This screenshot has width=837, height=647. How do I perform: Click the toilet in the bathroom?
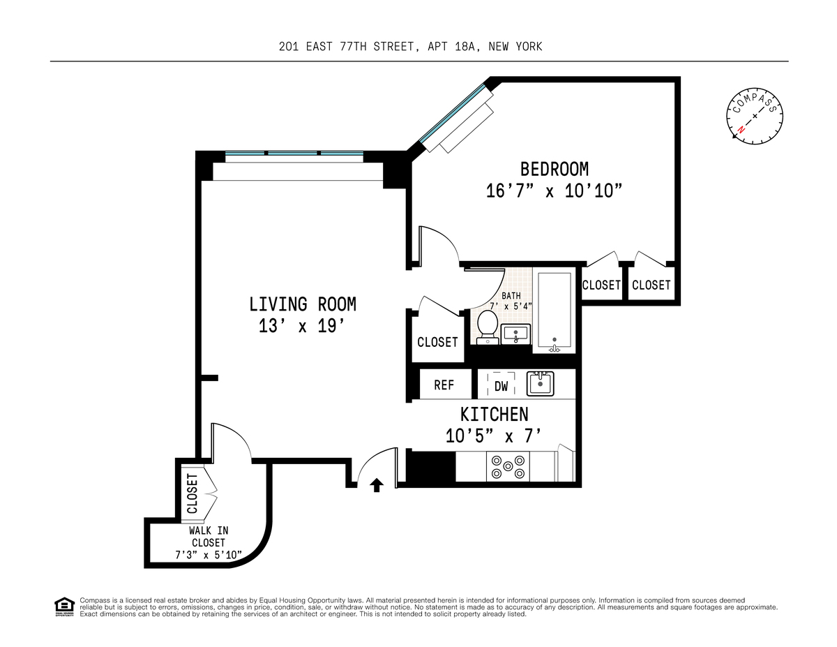(488, 327)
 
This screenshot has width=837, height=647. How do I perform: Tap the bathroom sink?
(515, 334)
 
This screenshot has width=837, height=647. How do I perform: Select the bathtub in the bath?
(555, 313)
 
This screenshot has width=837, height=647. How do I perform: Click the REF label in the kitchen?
(444, 385)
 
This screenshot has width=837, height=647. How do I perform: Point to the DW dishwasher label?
(501, 386)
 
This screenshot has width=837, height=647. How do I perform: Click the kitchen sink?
(540, 383)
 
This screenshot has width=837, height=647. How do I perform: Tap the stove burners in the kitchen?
(508, 466)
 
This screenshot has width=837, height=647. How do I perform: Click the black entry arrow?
(377, 485)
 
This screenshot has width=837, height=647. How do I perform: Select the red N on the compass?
(741, 129)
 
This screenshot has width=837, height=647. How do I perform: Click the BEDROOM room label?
(555, 169)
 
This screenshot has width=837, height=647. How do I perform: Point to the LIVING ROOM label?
(303, 304)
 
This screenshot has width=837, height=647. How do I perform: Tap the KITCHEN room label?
(495, 415)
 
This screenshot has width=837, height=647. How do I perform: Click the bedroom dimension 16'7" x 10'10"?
(554, 191)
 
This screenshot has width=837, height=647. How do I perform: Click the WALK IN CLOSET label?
(208, 537)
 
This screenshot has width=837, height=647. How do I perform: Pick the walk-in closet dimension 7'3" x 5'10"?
(209, 555)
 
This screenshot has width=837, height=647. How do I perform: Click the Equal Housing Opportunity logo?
(64, 607)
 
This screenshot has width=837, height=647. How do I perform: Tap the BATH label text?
(511, 295)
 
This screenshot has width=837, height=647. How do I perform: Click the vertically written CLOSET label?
(193, 493)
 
